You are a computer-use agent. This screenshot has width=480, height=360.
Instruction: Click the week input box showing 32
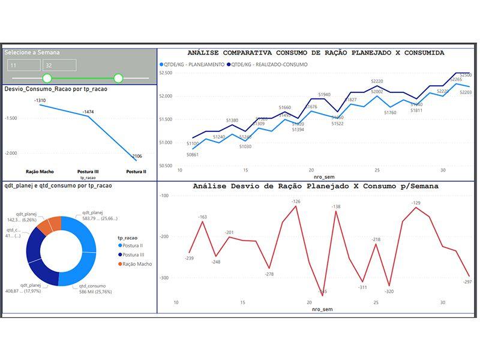tap(59, 65)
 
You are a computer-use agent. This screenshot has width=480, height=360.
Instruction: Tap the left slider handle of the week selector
tap(47, 78)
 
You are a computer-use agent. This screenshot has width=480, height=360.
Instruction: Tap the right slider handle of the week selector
tap(118, 78)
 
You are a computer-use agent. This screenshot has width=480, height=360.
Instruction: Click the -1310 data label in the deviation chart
tap(40, 100)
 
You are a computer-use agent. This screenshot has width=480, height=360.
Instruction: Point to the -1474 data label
tap(88, 112)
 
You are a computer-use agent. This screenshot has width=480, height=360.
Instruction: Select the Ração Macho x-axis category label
tap(40, 172)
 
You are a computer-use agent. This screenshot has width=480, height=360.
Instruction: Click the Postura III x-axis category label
tap(88, 172)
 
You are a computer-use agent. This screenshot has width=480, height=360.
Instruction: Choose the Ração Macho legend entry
tap(136, 263)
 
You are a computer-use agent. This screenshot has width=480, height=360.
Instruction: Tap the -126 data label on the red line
tap(296, 202)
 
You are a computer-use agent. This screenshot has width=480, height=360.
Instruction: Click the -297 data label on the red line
tap(467, 281)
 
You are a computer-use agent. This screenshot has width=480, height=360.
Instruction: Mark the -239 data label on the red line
tap(190, 258)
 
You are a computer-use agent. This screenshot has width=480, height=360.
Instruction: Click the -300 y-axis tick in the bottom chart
tap(164, 278)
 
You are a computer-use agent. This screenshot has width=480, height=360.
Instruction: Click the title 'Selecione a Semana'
tap(32, 53)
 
